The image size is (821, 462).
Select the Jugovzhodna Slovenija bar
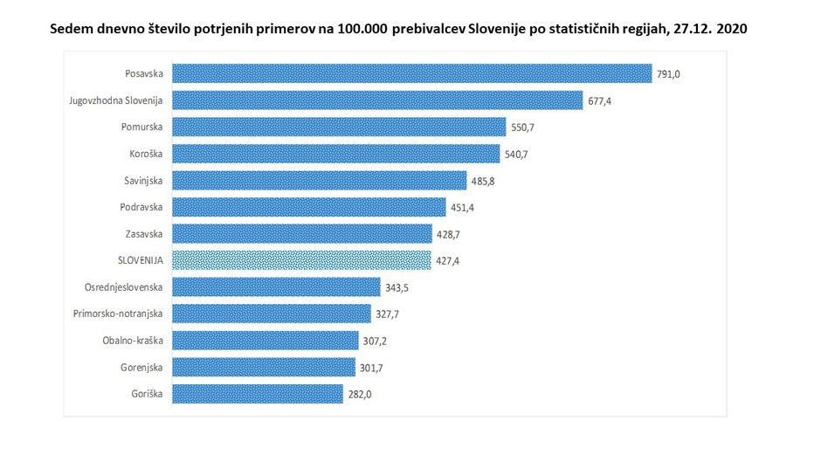click(x=377, y=100)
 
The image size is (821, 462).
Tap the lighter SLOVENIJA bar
click(x=301, y=260)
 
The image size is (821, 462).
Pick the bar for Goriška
click(x=258, y=394)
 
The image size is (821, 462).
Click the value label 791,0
click(x=668, y=74)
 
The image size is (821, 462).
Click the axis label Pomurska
click(x=141, y=128)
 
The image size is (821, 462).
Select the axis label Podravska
click(x=141, y=207)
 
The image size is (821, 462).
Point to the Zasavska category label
click(x=143, y=234)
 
